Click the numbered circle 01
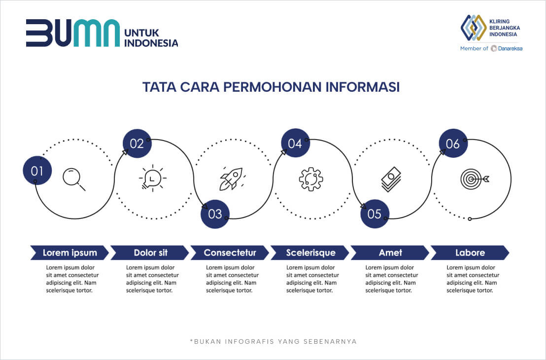click(x=37, y=171)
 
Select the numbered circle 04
click(x=295, y=143)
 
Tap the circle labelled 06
click(x=453, y=143)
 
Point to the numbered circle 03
click(x=215, y=214)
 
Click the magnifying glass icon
click(x=74, y=179)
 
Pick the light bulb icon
click(x=152, y=178)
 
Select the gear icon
click(x=311, y=179)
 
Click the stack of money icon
click(x=391, y=179)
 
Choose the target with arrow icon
click(x=475, y=179)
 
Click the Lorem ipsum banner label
click(x=69, y=252)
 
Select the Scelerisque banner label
click(x=310, y=252)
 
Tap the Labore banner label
click(x=470, y=252)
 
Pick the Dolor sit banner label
click(x=150, y=252)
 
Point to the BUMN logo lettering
click(x=73, y=33)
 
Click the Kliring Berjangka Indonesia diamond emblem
click(x=474, y=28)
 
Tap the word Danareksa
click(x=510, y=48)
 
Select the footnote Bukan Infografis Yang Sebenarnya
click(x=273, y=342)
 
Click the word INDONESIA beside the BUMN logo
click(x=151, y=43)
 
